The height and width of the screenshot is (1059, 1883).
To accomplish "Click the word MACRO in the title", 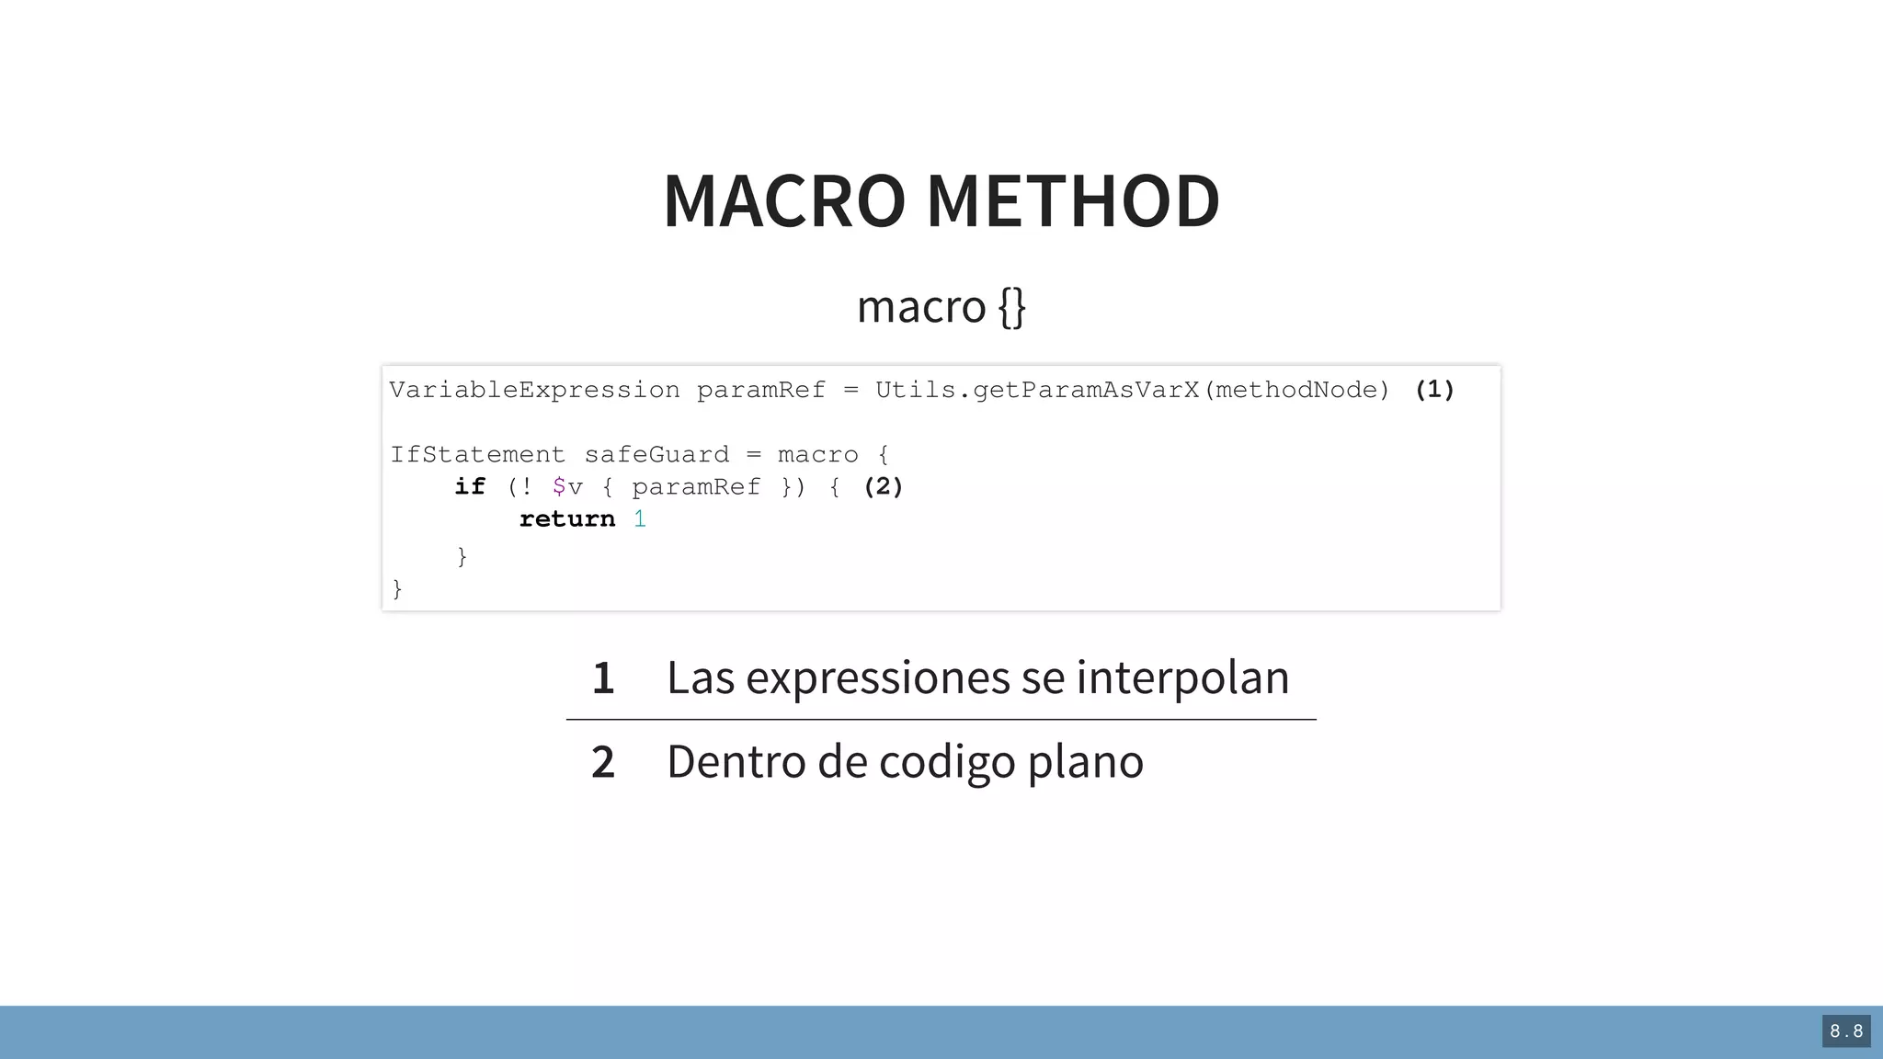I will (x=784, y=201).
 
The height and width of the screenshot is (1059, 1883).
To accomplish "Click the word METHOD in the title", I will (x=1073, y=201).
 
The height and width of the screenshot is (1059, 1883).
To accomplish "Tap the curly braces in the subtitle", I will (x=1011, y=307).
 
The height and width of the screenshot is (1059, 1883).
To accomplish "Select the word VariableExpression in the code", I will (x=534, y=391).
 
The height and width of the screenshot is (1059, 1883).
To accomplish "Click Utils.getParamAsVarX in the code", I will (x=1037, y=391).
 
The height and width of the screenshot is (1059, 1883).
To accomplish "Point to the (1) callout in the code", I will (x=1434, y=390).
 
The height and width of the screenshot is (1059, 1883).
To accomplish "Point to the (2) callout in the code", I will (x=884, y=486).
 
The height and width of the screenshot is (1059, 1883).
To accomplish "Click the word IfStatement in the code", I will (x=477, y=455).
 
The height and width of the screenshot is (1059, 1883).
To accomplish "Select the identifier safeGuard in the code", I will (x=656, y=455).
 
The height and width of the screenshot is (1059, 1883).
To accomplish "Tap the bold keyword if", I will (x=470, y=486).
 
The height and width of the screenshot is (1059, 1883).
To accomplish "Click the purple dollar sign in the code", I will (x=559, y=486).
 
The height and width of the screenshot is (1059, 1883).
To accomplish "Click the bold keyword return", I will (x=567, y=519).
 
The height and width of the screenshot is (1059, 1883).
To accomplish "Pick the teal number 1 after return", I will (x=640, y=519).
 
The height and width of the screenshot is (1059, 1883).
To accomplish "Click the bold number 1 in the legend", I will (x=603, y=678).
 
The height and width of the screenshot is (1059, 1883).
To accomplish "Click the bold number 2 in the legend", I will (x=603, y=762).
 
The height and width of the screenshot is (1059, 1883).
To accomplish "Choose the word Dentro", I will (x=736, y=762).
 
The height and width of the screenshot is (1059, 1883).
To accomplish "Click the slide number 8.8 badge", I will (x=1846, y=1031).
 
